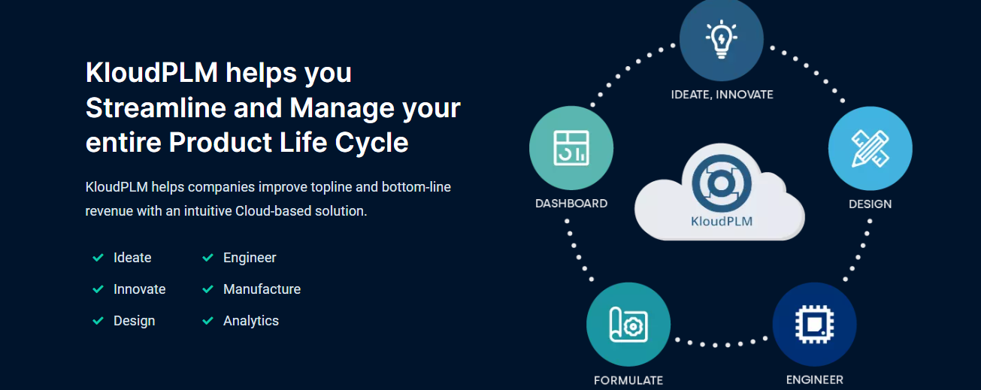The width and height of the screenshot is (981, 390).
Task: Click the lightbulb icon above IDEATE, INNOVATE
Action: coord(722,39)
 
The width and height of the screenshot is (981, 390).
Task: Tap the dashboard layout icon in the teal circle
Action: coord(571,148)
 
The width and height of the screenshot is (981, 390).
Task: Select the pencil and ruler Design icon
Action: coord(870,148)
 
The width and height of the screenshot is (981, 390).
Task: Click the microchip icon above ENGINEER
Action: coord(814,325)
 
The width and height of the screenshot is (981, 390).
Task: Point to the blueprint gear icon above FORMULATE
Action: coord(628,325)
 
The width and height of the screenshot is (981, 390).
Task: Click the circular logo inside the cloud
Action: coord(722,183)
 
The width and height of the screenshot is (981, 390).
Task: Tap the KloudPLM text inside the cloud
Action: coord(722,221)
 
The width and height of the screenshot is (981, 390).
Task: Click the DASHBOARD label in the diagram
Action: coord(571,204)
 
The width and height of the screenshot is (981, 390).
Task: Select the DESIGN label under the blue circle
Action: coord(870,204)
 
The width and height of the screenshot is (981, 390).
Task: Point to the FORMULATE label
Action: coord(628,380)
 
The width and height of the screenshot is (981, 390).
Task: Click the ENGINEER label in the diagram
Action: coord(815,379)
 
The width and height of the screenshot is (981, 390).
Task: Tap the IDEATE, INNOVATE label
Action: coord(722,95)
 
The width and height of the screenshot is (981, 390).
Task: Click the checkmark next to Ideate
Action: coord(98,258)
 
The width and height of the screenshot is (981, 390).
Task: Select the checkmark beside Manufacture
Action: coord(208,289)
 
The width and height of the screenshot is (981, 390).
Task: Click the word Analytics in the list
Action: coord(251,321)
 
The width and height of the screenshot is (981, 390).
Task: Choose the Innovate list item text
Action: coord(139,289)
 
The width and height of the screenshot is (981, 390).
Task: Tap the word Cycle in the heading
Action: coord(372,143)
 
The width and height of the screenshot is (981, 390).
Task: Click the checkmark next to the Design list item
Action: coord(98,321)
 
